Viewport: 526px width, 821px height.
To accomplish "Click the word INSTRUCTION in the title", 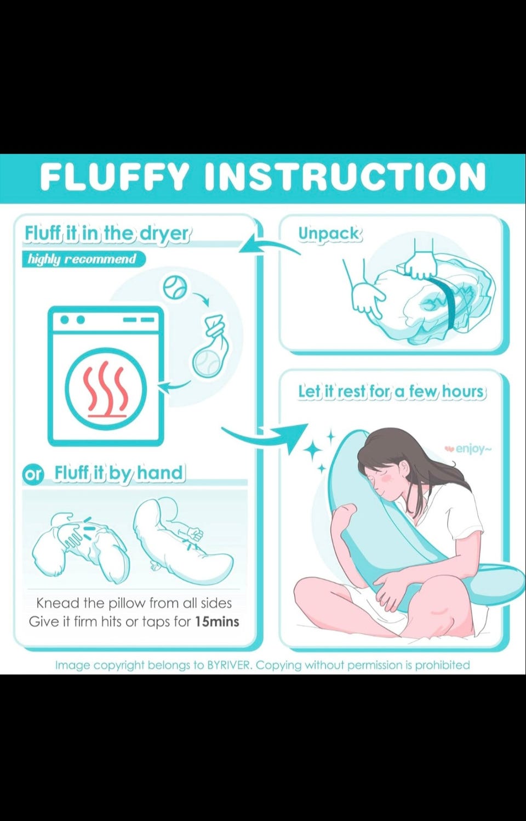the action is (345, 177).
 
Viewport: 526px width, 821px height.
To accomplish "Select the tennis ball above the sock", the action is (175, 287).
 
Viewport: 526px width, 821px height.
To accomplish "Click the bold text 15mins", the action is (217, 621).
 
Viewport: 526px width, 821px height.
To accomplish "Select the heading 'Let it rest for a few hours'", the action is (392, 392).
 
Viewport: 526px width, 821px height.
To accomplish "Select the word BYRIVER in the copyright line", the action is (229, 665).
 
